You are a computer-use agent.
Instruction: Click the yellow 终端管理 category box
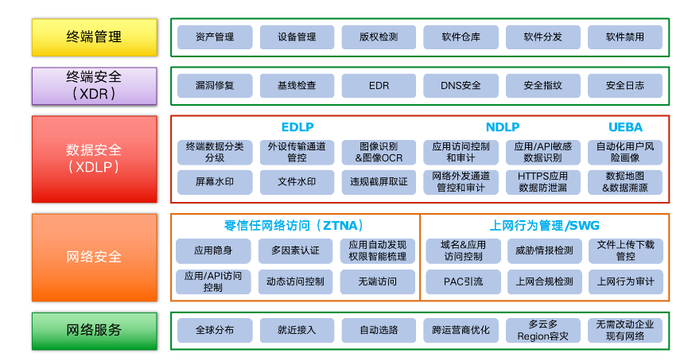point(95,37)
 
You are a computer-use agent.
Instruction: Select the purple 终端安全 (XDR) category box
point(95,85)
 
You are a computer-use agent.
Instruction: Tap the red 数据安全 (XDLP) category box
point(95,157)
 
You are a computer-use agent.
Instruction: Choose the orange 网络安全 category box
point(95,257)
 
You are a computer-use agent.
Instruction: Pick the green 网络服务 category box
point(95,330)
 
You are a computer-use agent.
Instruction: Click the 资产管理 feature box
point(215,37)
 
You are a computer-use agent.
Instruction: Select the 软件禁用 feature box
point(624,37)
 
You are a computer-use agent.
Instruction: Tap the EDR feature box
point(379,85)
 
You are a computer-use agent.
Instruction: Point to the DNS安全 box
point(461,85)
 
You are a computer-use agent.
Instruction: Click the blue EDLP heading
point(297,127)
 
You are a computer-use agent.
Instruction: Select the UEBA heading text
point(625,127)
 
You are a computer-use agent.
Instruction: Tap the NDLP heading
point(503,127)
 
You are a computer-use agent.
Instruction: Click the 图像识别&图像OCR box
point(379,152)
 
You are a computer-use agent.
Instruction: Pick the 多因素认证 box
point(295,250)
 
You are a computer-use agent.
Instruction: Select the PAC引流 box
point(462,281)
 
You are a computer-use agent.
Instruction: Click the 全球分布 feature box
point(215,330)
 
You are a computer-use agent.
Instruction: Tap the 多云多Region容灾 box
point(543,330)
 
